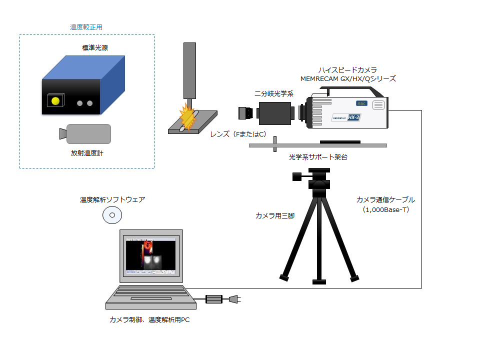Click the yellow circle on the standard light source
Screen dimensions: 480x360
pyautogui.click(x=55, y=101)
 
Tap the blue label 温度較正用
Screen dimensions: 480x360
pyautogui.click(x=86, y=27)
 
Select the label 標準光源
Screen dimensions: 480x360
pyautogui.click(x=95, y=48)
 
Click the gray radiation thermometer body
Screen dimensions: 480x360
pyautogui.click(x=88, y=134)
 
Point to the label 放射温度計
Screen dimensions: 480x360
pyautogui.click(x=87, y=153)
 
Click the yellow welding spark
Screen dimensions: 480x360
pyautogui.click(x=187, y=117)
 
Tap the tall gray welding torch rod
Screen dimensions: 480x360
pyautogui.click(x=189, y=70)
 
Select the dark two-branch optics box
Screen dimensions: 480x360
pyautogui.click(x=275, y=113)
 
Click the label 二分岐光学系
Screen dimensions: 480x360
pyautogui.click(x=274, y=93)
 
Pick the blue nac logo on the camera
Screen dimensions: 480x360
pyautogui.click(x=361, y=103)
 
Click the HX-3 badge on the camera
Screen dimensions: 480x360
pyautogui.click(x=353, y=117)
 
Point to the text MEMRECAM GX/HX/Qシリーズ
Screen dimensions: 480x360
pyautogui.click(x=348, y=78)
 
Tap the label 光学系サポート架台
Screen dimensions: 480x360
pyautogui.click(x=318, y=157)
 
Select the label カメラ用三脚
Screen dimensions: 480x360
pyautogui.click(x=275, y=216)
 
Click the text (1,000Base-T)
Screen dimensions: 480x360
pyautogui.click(x=385, y=209)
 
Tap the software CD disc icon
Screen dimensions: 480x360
pyautogui.click(x=112, y=215)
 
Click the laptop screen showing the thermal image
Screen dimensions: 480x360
pyautogui.click(x=151, y=255)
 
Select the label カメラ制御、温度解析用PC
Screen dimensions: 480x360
pyautogui.click(x=149, y=320)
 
